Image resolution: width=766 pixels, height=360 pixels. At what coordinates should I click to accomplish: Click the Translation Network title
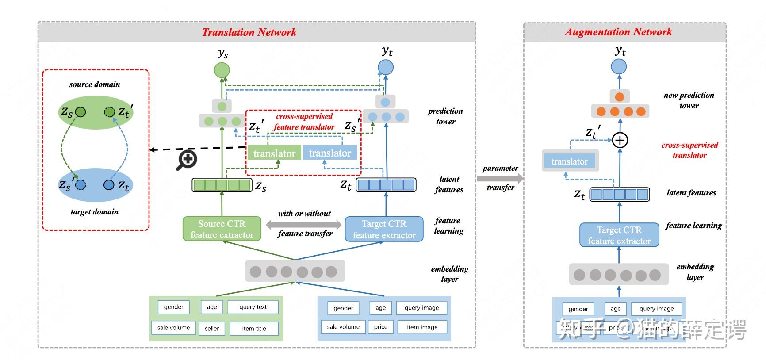point(249,32)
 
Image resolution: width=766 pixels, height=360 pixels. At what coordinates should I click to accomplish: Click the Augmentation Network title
point(618,32)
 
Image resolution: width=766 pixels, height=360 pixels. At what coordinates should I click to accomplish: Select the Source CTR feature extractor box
point(222,229)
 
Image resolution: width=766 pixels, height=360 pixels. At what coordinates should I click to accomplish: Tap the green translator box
point(274,153)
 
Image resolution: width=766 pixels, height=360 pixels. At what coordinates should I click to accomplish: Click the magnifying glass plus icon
point(186,160)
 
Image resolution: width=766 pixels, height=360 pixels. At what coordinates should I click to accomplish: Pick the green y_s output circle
point(222,70)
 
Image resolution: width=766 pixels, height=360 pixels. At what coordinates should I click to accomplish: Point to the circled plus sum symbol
point(620,140)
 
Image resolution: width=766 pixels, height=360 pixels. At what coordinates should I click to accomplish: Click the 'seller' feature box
point(212,328)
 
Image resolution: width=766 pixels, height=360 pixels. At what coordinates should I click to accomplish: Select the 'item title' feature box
point(254,328)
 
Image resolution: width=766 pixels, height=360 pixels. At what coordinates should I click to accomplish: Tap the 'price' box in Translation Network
point(380,327)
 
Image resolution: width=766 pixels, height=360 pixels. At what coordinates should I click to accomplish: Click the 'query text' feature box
point(253,307)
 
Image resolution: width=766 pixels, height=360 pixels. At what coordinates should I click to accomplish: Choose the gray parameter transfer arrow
point(499,178)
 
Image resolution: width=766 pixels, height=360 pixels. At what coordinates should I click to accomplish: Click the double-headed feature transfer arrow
point(304,224)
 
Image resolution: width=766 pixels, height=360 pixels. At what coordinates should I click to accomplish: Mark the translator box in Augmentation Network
point(570,161)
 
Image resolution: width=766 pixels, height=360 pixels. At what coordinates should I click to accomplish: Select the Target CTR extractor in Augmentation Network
point(619,235)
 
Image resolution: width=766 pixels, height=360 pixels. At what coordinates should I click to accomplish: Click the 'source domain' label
point(95,84)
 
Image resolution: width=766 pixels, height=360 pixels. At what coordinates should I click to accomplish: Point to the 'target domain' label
point(95,212)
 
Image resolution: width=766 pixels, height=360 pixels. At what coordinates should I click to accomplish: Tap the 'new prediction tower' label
point(689,100)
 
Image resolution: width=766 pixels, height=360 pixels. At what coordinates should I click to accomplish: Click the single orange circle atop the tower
point(619,97)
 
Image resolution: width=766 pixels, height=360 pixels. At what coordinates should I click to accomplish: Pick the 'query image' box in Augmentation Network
point(656,309)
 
